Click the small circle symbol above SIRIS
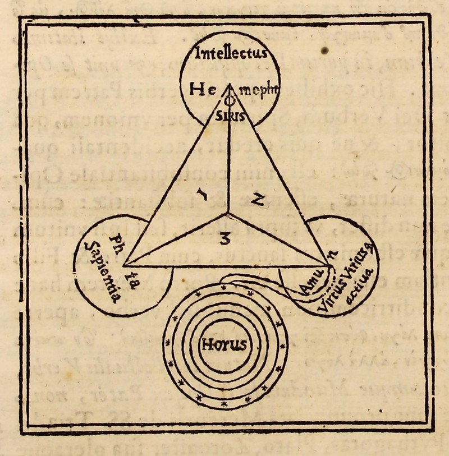[x=228, y=103]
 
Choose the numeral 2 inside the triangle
[x=258, y=200]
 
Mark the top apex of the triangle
[x=228, y=84]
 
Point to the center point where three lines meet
[x=227, y=215]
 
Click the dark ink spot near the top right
[x=325, y=51]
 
